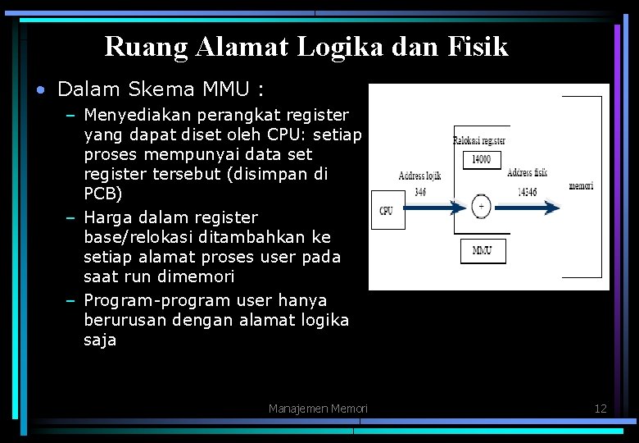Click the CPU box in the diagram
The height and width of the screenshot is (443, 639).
click(386, 210)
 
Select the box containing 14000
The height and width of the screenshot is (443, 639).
click(482, 159)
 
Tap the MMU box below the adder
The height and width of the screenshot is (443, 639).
click(482, 250)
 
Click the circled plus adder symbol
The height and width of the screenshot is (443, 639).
click(482, 206)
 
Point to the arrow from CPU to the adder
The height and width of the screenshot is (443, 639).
click(433, 208)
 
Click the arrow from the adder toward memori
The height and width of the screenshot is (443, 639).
click(528, 208)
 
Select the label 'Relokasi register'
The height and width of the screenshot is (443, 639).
click(479, 140)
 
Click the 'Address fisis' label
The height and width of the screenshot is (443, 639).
click(527, 172)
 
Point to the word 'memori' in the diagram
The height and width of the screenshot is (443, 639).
click(581, 186)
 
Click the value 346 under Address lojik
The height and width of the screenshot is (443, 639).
click(420, 191)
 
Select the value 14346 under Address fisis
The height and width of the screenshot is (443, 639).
click(527, 191)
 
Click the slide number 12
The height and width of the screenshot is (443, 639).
click(600, 409)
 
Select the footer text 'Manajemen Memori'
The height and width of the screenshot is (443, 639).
click(318, 409)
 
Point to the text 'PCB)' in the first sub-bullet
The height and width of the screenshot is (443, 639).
click(102, 194)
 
